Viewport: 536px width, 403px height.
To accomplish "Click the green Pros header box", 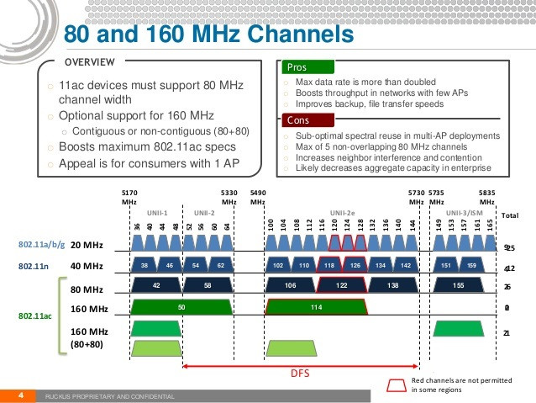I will [x=308, y=66].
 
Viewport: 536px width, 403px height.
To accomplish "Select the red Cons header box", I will [x=308, y=120].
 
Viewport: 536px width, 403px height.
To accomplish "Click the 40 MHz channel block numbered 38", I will [x=145, y=265].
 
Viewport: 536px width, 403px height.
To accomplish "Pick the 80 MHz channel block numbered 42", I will [x=156, y=285].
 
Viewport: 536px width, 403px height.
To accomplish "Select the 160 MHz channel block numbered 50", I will [x=181, y=306].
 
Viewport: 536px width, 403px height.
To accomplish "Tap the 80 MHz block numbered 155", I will [x=459, y=285].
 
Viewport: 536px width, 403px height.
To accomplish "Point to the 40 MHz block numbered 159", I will [x=471, y=265].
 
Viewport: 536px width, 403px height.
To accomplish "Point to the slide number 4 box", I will [x=18, y=395].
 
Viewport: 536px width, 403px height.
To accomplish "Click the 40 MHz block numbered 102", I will [x=278, y=265].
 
